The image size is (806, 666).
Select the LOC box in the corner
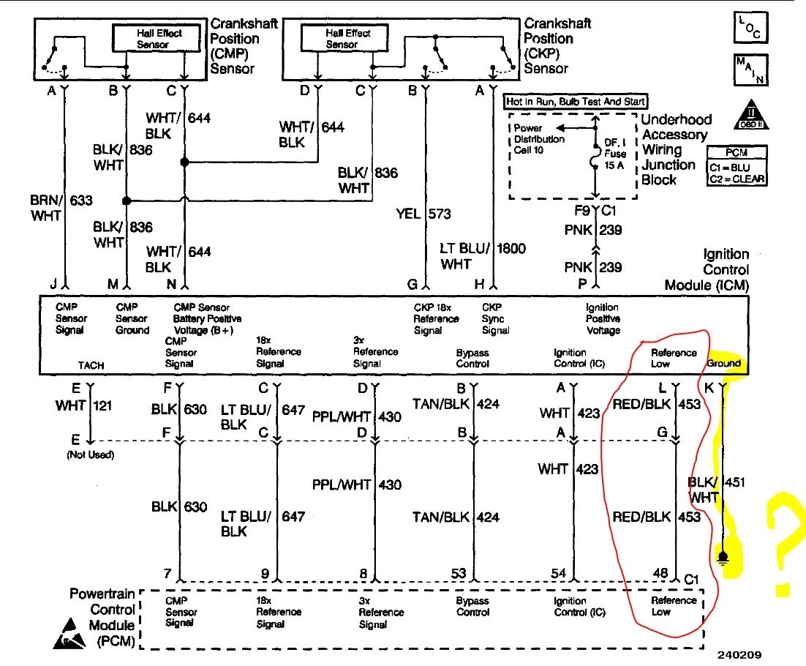750,27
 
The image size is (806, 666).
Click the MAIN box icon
750,70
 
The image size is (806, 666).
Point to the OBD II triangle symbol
750,113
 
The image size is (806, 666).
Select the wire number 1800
511,248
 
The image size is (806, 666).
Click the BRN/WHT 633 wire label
54,208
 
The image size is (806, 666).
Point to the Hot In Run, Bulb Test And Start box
576,102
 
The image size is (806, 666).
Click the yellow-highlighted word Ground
723,363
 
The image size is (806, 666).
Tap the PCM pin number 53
459,573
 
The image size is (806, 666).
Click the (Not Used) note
88,454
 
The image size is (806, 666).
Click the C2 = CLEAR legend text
737,179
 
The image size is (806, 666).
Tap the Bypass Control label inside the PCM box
472,606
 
